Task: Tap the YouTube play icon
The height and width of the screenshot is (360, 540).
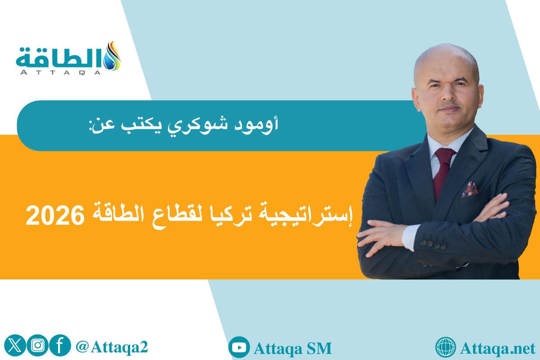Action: tap(239, 348)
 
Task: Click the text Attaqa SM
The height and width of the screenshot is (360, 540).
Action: tap(292, 348)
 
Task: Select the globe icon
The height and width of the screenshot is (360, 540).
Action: tap(446, 348)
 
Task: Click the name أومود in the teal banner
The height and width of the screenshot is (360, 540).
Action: tap(263, 124)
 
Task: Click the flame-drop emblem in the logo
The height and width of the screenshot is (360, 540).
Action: tap(112, 56)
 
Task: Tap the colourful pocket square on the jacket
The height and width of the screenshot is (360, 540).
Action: tap(470, 189)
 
